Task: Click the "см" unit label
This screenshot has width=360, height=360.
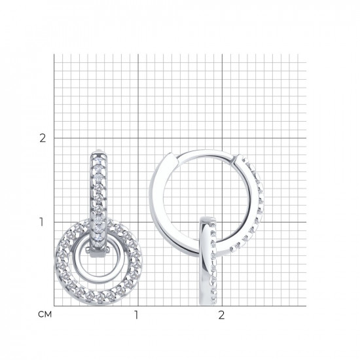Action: [x=45, y=314]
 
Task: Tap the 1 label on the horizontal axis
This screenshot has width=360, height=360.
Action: [x=136, y=315]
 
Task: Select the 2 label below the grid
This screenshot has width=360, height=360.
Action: [x=221, y=315]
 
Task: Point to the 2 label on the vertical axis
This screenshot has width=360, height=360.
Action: [x=43, y=138]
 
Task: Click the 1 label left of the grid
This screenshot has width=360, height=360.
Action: [x=41, y=222]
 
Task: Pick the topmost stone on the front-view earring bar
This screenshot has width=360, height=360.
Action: [x=99, y=158]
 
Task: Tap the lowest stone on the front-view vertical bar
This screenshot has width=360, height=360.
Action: [x=99, y=245]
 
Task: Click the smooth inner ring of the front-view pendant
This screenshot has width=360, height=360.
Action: [x=76, y=259]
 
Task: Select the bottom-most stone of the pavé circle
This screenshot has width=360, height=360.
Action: [x=99, y=299]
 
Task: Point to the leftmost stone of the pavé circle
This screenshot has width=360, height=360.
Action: [x=60, y=261]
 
